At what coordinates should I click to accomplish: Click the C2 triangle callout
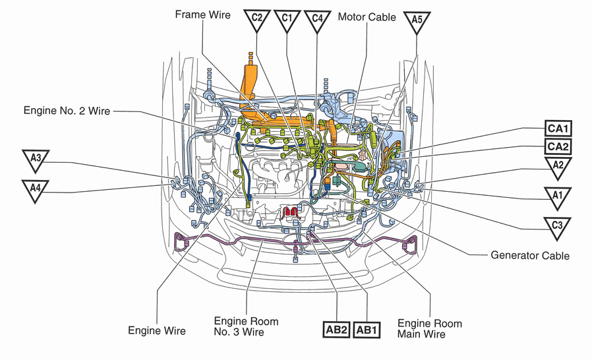[257, 20]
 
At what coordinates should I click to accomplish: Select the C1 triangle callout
[287, 20]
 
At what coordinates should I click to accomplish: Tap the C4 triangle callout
[318, 20]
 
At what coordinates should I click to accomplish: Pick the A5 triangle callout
[417, 21]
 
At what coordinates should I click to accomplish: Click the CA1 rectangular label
[557, 128]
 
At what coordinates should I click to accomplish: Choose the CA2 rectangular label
[557, 146]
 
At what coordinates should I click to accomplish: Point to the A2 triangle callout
[558, 167]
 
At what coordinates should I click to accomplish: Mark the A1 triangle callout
[557, 196]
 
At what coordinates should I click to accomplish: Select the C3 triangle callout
[557, 226]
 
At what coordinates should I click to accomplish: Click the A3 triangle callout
[36, 160]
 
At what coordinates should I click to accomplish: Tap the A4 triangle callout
[36, 189]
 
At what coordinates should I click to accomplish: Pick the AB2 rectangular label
[336, 329]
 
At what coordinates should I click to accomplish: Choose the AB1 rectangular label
[367, 329]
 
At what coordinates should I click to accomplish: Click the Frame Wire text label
[202, 14]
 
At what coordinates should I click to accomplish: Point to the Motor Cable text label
[367, 16]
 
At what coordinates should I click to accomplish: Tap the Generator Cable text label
[530, 255]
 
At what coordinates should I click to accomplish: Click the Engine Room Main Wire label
[429, 329]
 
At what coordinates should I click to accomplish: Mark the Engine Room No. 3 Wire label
[246, 326]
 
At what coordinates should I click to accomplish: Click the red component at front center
[291, 213]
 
